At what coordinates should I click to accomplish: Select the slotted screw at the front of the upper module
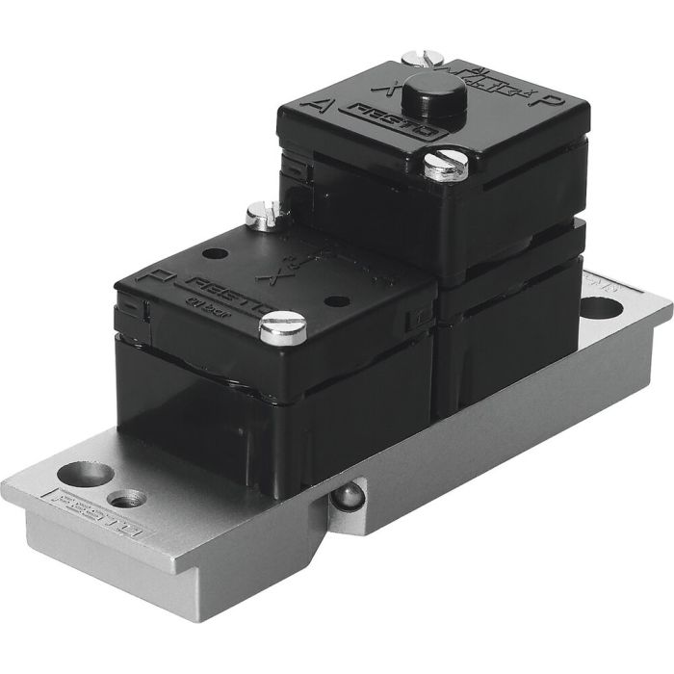pos(445,166)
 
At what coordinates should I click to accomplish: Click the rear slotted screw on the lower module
pos(259,215)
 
